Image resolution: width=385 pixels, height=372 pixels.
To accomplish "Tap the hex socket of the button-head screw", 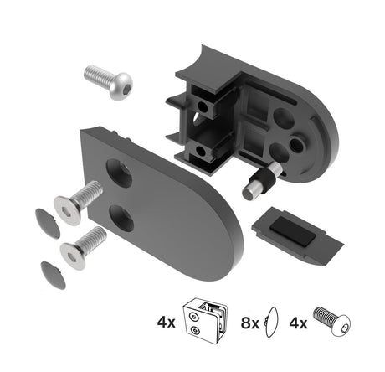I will coord(122,82).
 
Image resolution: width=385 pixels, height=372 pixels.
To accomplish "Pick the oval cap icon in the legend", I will coord(271,322).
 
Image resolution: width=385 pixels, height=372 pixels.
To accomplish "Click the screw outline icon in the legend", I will coord(333,320).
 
